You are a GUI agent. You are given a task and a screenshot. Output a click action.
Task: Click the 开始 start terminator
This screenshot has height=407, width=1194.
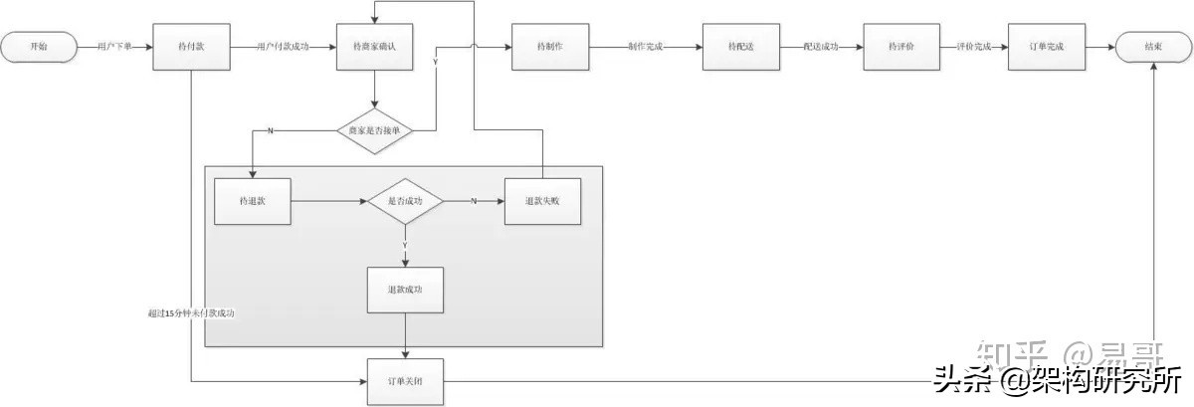[x=39, y=46]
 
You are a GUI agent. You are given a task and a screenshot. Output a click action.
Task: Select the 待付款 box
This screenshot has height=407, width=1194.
[x=191, y=46]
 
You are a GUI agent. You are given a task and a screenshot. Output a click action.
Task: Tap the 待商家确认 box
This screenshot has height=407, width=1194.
[x=375, y=46]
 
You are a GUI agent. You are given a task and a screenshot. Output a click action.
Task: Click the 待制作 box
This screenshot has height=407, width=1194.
[x=549, y=46]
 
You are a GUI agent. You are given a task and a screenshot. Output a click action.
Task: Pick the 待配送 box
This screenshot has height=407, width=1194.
[x=740, y=46]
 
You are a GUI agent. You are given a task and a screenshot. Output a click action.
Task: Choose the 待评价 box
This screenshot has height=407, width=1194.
[x=900, y=46]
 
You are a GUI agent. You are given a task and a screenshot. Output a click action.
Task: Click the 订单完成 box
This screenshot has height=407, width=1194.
[x=1046, y=46]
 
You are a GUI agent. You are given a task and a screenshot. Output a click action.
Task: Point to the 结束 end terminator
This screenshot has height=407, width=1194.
[x=1154, y=46]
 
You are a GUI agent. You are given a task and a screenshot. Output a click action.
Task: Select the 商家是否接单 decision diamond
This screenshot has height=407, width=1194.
[x=374, y=130]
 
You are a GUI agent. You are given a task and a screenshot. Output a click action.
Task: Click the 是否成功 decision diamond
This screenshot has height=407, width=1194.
[x=404, y=201]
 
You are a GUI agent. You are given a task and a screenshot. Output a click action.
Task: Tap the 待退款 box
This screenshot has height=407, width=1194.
[x=253, y=201]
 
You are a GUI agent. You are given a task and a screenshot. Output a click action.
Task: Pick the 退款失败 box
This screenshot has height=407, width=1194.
[x=542, y=201]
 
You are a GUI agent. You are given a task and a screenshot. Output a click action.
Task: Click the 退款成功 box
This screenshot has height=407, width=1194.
[x=406, y=290]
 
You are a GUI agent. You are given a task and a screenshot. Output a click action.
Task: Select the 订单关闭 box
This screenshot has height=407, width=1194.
[x=406, y=380]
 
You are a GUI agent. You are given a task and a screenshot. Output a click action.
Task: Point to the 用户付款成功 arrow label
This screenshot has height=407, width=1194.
[x=284, y=46]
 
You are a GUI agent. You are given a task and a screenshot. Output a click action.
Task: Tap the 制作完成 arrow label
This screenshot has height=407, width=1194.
[x=646, y=46]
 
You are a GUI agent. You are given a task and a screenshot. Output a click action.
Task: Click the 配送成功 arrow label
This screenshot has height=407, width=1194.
[x=821, y=46]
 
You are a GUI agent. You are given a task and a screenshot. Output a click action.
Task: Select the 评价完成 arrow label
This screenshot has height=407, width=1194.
[x=973, y=46]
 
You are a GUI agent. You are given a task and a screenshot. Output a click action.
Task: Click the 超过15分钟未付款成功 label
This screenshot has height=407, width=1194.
[x=190, y=313]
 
